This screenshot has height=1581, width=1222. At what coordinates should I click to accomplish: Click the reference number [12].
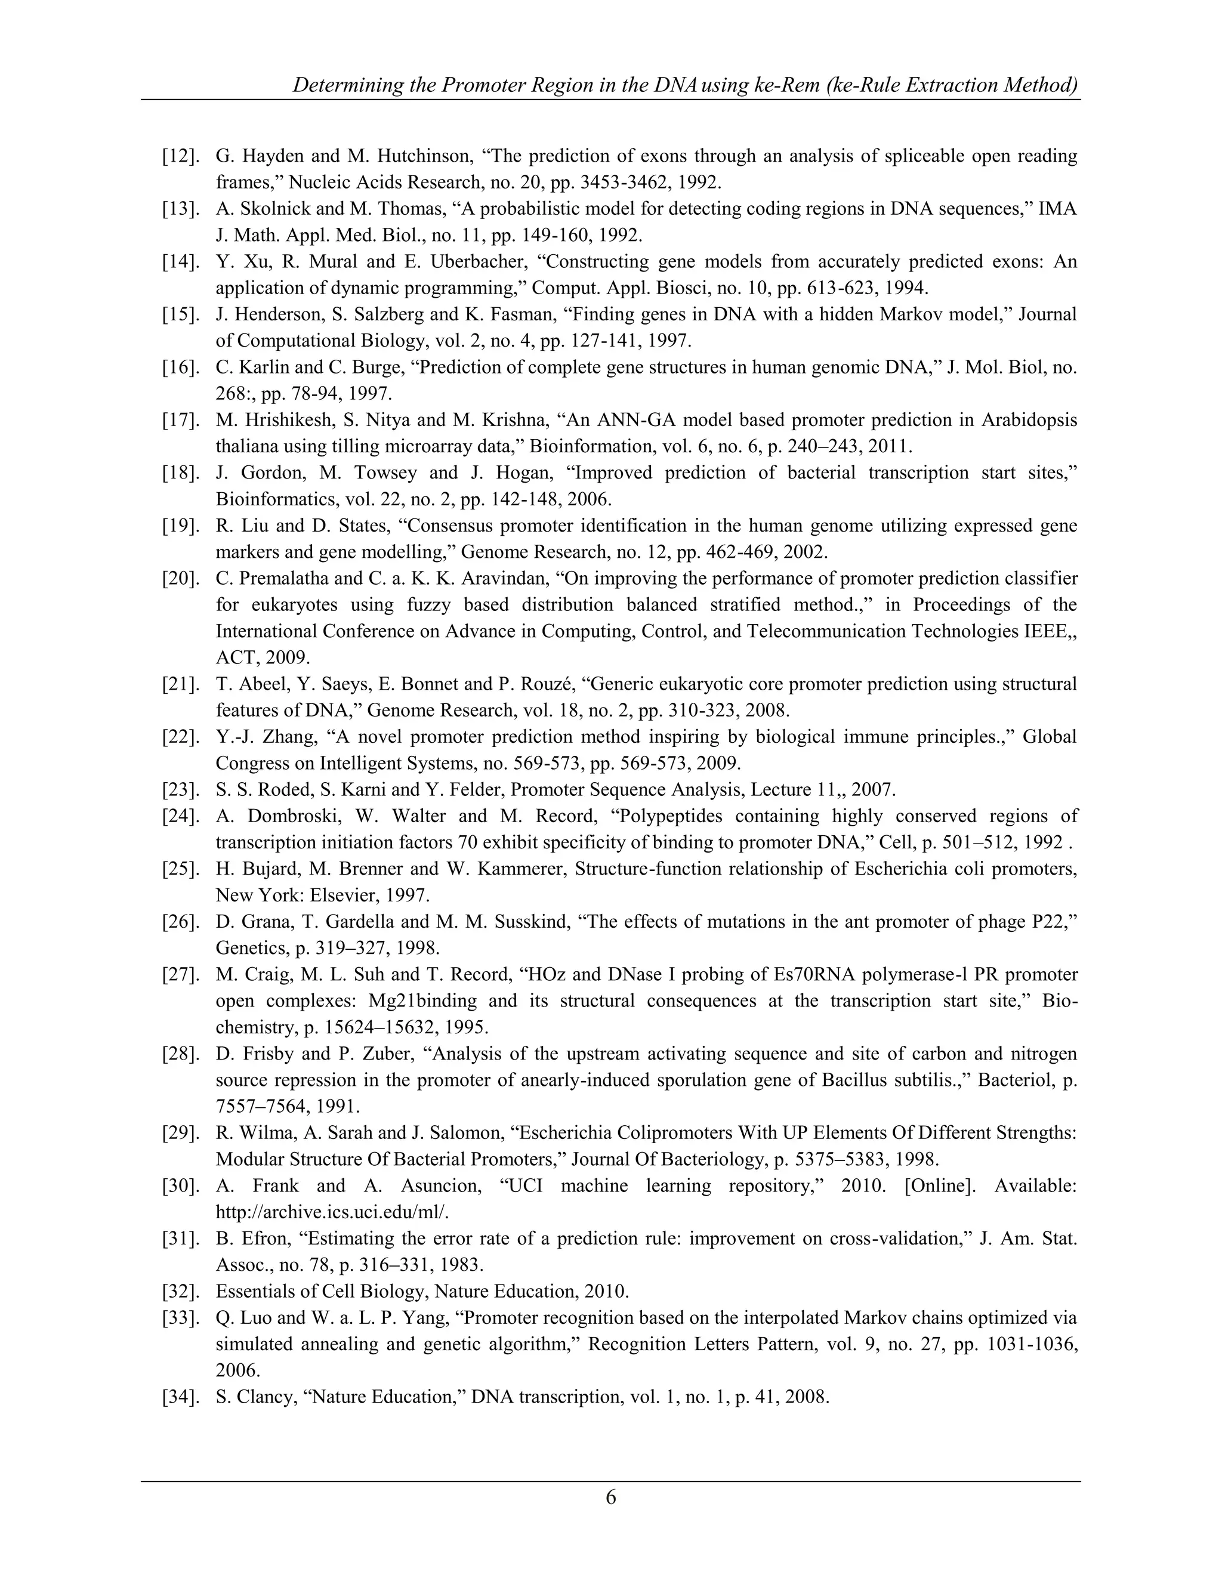tap(180, 156)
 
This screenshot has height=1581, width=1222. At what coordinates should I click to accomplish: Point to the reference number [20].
tap(180, 579)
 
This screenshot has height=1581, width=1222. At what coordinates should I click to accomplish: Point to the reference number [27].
tap(180, 975)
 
